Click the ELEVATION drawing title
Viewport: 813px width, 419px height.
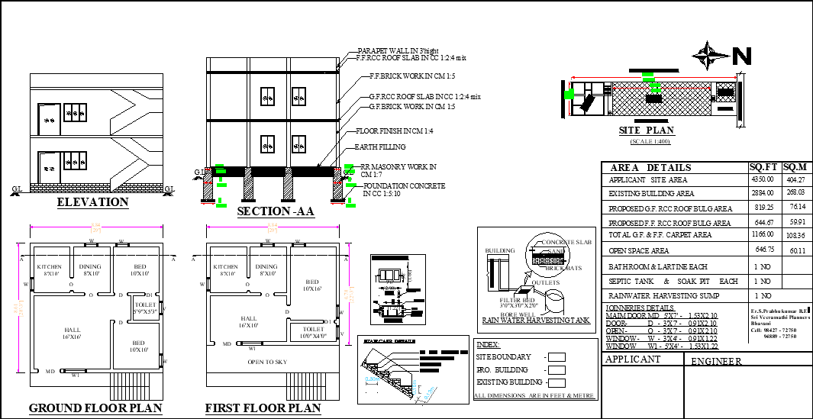pyautogui.click(x=93, y=202)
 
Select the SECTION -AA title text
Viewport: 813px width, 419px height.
pyautogui.click(x=276, y=211)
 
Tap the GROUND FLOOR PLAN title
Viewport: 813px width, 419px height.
pyautogui.click(x=95, y=408)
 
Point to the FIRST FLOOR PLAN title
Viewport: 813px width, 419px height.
pyautogui.click(x=263, y=408)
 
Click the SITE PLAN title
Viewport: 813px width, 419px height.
pyautogui.click(x=646, y=131)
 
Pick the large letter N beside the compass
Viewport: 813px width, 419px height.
pyautogui.click(x=742, y=56)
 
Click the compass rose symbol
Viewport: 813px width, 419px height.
pyautogui.click(x=709, y=55)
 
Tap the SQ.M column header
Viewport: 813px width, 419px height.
pyautogui.click(x=796, y=167)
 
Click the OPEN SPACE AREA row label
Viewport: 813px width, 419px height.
pyautogui.click(x=639, y=250)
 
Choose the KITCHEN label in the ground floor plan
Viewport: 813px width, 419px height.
pyautogui.click(x=50, y=266)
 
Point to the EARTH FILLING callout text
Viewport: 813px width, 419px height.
pyautogui.click(x=379, y=147)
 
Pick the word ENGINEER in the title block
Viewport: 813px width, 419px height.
pyautogui.click(x=715, y=362)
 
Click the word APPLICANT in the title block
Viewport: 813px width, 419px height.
pyautogui.click(x=633, y=359)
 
